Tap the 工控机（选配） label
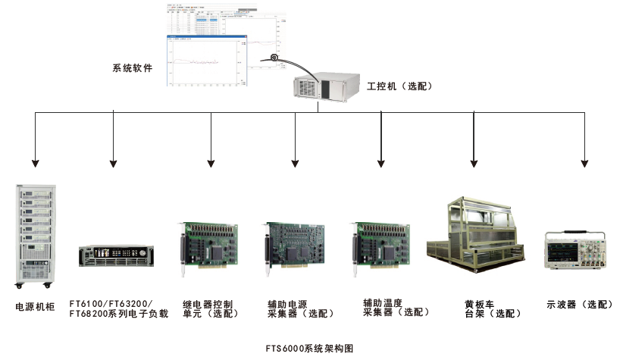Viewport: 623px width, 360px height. click(x=399, y=86)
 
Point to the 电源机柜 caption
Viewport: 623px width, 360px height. click(x=34, y=308)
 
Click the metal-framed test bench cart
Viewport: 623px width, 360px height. click(x=474, y=232)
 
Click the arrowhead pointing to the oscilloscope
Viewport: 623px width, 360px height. click(x=584, y=162)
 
